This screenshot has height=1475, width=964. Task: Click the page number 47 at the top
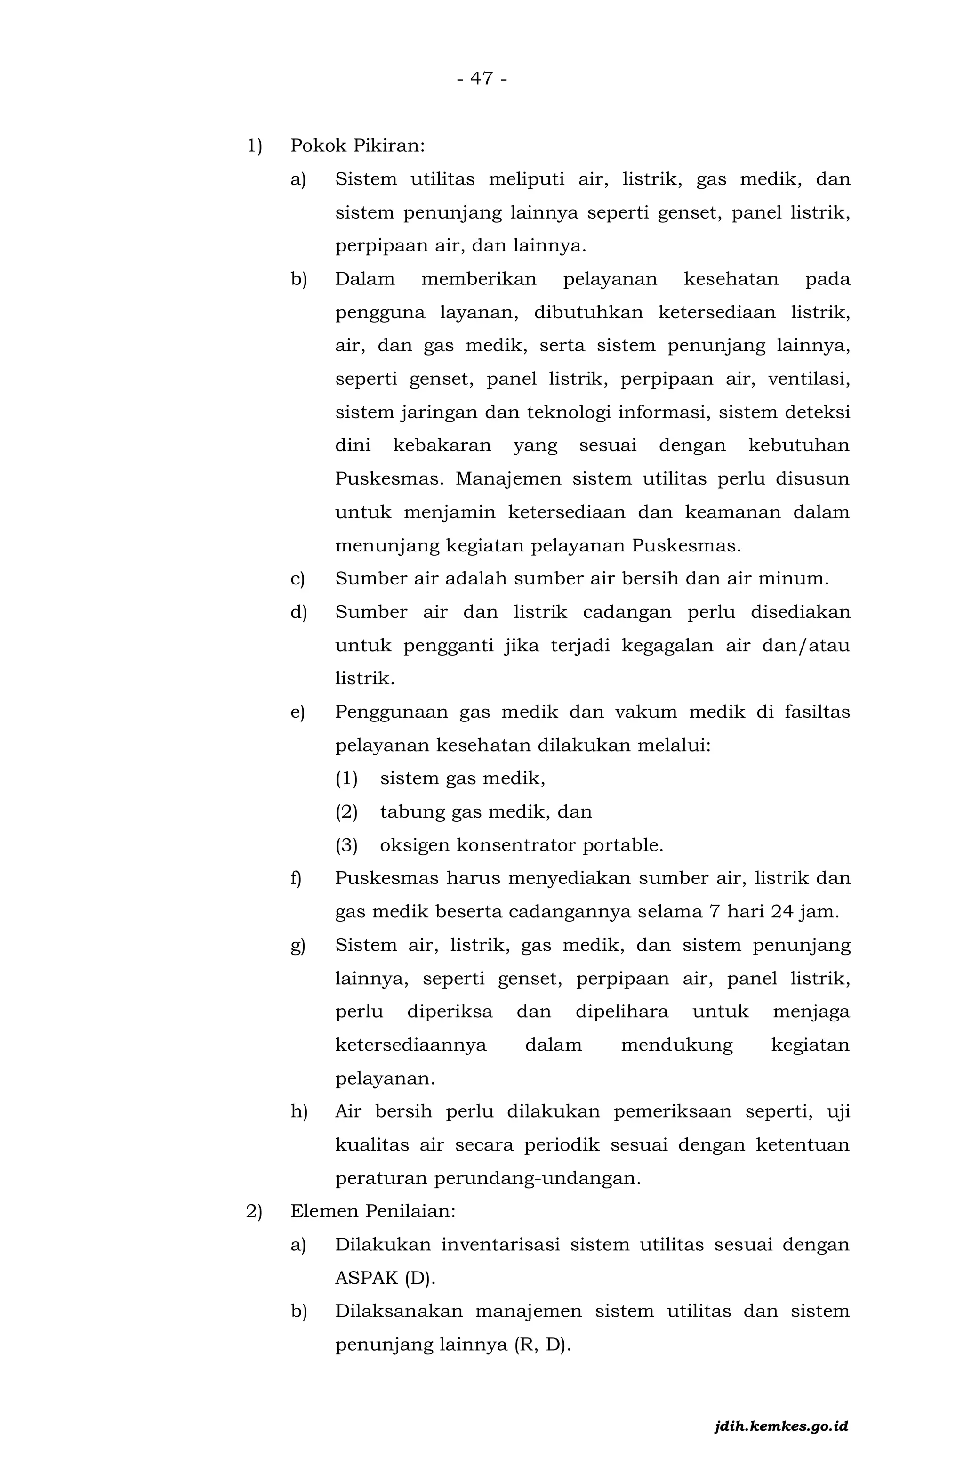[x=482, y=79]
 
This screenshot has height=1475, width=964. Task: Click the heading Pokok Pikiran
[x=357, y=146]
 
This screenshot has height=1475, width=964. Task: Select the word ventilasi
[x=809, y=379]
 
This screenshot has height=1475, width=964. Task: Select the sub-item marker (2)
[x=346, y=812]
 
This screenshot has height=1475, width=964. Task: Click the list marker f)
[x=296, y=878]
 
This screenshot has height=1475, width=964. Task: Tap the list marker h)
[x=298, y=1112]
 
